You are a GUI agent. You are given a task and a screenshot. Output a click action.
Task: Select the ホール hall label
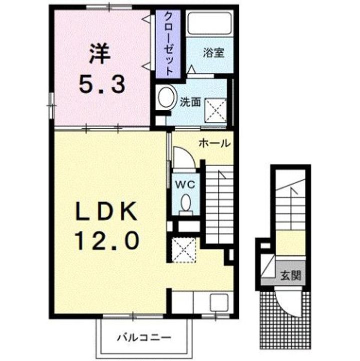215,143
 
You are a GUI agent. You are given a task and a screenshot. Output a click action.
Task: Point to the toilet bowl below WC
186,203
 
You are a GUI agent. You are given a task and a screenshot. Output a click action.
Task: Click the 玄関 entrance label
287,275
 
